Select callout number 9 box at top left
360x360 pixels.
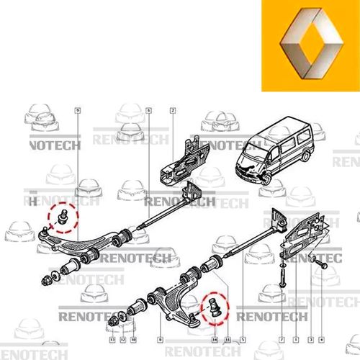pyautogui.click(x=78, y=110)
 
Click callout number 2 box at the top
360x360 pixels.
pyautogui.click(x=173, y=110)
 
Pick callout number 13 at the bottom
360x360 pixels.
pyautogui.click(x=112, y=338)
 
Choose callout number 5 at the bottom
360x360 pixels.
pyautogui.click(x=243, y=338)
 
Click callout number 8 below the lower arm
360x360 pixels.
pyautogui.click(x=159, y=338)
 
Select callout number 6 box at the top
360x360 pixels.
pyautogui.click(x=148, y=110)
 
